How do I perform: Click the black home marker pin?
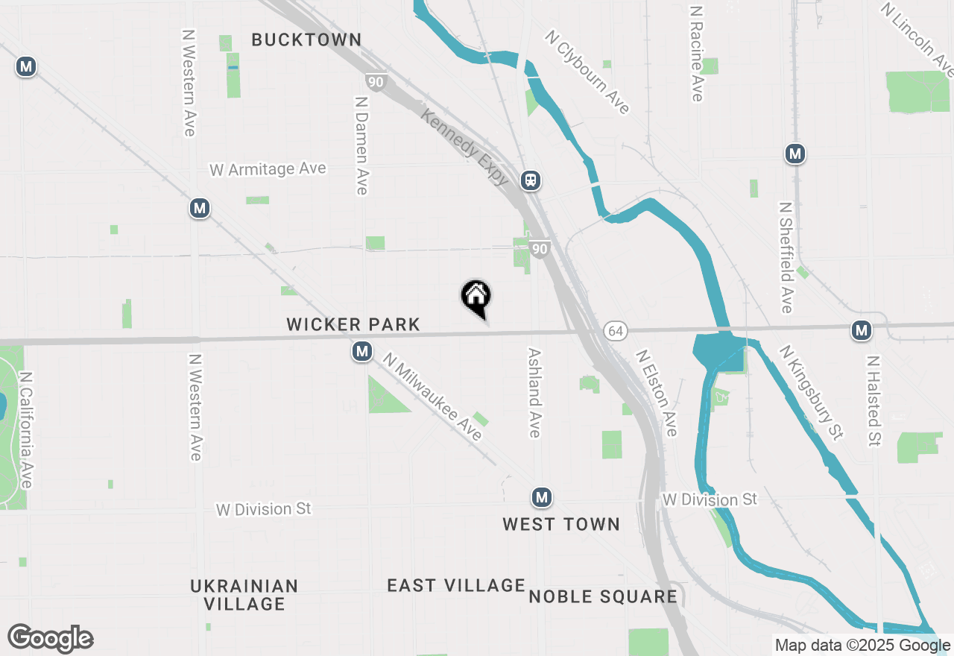[476, 297]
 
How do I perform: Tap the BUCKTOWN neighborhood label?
[306, 40]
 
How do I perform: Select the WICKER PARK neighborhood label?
[353, 324]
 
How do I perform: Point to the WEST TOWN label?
[561, 524]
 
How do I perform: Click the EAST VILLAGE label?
[456, 586]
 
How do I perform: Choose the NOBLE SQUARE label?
[603, 596]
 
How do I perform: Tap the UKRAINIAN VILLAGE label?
[244, 595]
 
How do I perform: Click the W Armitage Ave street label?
[268, 169]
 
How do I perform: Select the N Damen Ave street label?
[361, 145]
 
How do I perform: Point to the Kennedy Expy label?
[464, 147]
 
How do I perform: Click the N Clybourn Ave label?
[587, 72]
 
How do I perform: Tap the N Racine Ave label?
[697, 54]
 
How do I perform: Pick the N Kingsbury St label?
[811, 392]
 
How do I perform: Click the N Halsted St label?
[874, 400]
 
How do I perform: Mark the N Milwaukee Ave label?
[432, 397]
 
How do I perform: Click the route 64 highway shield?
[614, 331]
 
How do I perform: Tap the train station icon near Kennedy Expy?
[531, 180]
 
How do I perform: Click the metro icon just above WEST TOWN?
[542, 497]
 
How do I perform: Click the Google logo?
[50, 639]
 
